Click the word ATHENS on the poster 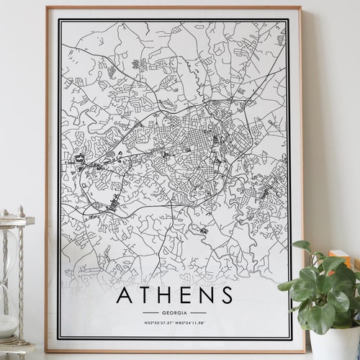point(174,295)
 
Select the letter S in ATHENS point(227,295)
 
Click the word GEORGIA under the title point(174,312)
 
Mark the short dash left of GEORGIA point(150,312)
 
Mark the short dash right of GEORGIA point(198,312)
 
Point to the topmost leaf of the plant point(302,246)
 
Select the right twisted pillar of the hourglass point(21,281)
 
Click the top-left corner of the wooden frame point(47,8)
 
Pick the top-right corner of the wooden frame point(301,8)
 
